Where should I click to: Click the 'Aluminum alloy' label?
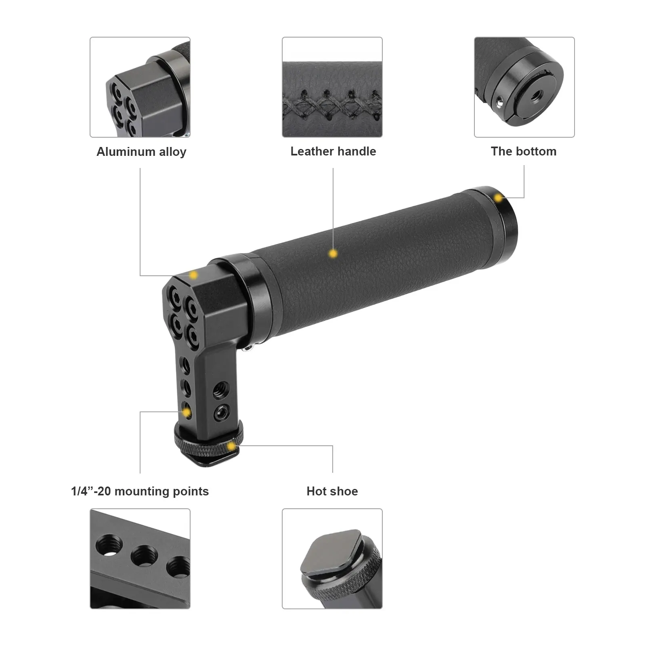click(141, 152)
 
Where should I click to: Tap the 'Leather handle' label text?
click(333, 151)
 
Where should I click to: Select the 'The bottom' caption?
click(524, 151)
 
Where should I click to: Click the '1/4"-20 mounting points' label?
click(140, 491)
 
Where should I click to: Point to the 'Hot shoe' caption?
click(332, 491)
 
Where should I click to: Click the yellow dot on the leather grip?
click(333, 254)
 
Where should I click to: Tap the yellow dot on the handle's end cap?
click(499, 198)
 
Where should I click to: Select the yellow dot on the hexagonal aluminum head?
click(193, 275)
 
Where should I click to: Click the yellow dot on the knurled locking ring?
click(231, 446)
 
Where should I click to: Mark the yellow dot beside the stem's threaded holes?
click(187, 412)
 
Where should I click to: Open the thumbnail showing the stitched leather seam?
click(332, 87)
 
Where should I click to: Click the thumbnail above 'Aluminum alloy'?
click(140, 87)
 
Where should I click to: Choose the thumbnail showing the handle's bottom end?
click(524, 87)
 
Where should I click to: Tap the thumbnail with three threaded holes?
click(140, 559)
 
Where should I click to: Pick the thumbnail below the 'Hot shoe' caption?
click(332, 559)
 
